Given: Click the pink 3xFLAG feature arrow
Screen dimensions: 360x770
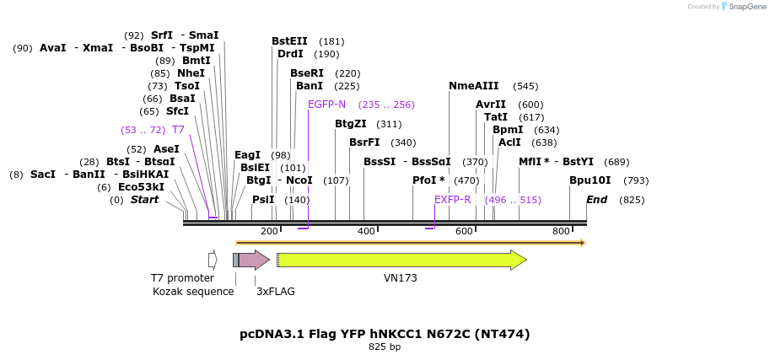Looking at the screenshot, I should pyautogui.click(x=253, y=260).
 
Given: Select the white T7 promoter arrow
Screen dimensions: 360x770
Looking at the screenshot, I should pyautogui.click(x=213, y=260).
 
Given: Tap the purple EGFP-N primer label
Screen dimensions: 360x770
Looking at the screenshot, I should pyautogui.click(x=326, y=105).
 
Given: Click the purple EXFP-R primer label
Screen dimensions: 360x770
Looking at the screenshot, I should pyautogui.click(x=452, y=200).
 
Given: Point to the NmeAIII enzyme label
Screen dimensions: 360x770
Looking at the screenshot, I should pyautogui.click(x=473, y=86).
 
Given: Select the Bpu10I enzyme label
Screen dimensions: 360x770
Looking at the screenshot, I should pyautogui.click(x=590, y=180).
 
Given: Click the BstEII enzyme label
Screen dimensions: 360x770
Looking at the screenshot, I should pyautogui.click(x=289, y=41).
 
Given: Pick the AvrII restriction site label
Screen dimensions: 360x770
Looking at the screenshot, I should pyautogui.click(x=491, y=105).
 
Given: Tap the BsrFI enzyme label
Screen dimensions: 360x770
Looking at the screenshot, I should pyautogui.click(x=364, y=142).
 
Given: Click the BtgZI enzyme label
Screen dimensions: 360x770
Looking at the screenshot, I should pyautogui.click(x=350, y=124).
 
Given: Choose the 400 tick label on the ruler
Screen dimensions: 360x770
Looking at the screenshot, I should pyautogui.click(x=366, y=231).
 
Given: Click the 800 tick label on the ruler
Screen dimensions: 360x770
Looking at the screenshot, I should pyautogui.click(x=561, y=231).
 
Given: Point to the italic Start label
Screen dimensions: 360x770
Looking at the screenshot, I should pyautogui.click(x=144, y=200).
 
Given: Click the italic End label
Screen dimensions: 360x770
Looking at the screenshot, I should pyautogui.click(x=596, y=200).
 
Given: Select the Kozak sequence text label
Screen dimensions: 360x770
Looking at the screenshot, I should pyautogui.click(x=193, y=292).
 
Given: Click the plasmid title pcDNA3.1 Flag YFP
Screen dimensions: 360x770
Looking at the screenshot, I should pyautogui.click(x=385, y=334).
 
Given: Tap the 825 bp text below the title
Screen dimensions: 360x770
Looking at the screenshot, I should pyautogui.click(x=385, y=347).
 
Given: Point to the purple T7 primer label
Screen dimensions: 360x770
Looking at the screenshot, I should pyautogui.click(x=178, y=130).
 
